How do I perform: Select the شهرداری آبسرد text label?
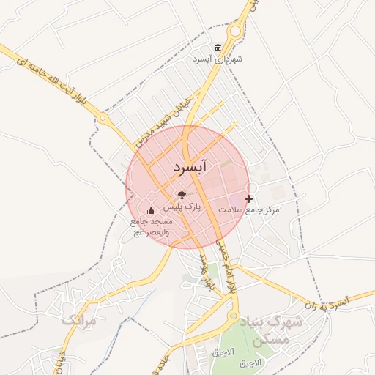(218, 59)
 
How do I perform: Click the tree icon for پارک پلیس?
(182, 195)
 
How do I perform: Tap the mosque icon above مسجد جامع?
(152, 211)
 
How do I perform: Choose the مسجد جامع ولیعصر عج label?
(152, 226)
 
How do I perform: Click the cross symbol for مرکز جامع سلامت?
(248, 198)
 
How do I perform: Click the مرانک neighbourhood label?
(78, 321)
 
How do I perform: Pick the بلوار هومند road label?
(207, 276)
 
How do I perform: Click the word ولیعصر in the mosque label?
(158, 232)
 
